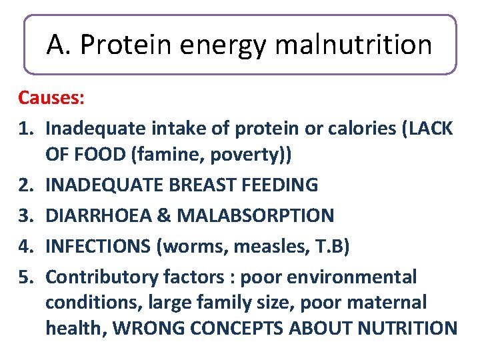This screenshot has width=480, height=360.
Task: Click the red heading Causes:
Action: (x=51, y=98)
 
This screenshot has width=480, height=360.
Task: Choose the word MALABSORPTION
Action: (x=253, y=215)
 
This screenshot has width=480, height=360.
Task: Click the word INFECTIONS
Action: (x=97, y=246)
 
